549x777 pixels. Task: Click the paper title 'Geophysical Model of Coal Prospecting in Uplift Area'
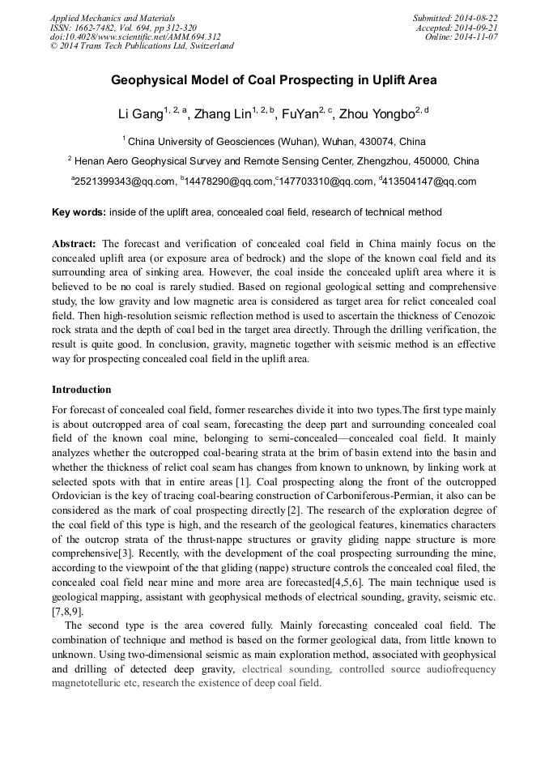(274, 80)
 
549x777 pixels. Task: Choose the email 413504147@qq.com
(429, 182)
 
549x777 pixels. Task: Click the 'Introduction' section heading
(81, 390)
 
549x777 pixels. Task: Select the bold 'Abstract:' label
(74, 244)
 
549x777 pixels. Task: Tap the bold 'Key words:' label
(79, 212)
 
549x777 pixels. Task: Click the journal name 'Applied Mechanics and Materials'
(113, 18)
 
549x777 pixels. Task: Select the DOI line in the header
(135, 37)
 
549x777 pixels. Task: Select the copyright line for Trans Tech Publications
(142, 46)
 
